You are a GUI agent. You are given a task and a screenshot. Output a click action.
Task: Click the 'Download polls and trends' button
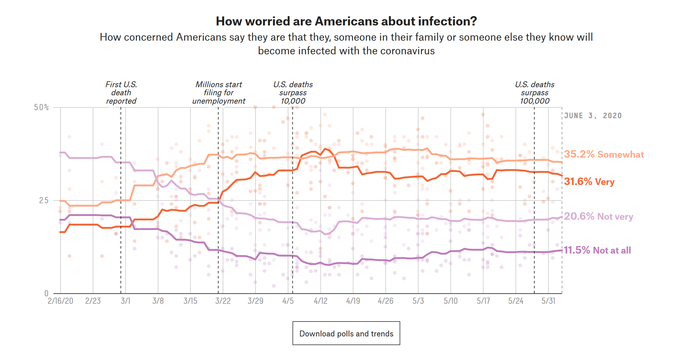tap(346, 333)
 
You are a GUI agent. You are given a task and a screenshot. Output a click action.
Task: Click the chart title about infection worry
tap(346, 21)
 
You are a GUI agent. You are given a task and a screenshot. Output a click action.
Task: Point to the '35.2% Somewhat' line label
tap(604, 154)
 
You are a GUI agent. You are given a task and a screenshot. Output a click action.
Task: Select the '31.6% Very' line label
tap(589, 182)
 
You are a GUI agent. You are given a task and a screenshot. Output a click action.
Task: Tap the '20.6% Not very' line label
tap(598, 216)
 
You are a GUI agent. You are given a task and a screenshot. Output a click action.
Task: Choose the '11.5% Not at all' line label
tap(597, 250)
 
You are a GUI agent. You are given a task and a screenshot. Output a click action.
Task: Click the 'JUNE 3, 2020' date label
tap(593, 116)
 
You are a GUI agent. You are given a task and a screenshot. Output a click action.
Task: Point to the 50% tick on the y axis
tap(42, 107)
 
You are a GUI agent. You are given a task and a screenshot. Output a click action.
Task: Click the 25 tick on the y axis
tap(44, 200)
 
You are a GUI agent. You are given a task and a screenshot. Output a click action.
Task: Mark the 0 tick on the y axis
tap(47, 293)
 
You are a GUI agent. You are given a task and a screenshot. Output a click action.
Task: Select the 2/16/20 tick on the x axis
tap(60, 301)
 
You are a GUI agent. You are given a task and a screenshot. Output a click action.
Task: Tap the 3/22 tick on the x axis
tap(223, 301)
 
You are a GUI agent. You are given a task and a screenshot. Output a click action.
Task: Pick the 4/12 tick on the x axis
tap(320, 301)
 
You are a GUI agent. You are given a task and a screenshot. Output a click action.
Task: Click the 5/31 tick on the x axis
tap(548, 301)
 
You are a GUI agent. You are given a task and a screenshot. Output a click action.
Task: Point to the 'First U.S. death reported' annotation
tap(121, 93)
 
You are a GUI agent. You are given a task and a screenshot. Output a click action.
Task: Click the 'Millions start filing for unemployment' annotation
tap(219, 93)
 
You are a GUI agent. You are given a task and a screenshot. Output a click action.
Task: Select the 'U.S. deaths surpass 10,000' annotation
tap(293, 93)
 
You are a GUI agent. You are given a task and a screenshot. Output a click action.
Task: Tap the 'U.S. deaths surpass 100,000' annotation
tap(535, 93)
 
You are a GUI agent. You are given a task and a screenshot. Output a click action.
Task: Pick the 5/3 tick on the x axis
tap(418, 301)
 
